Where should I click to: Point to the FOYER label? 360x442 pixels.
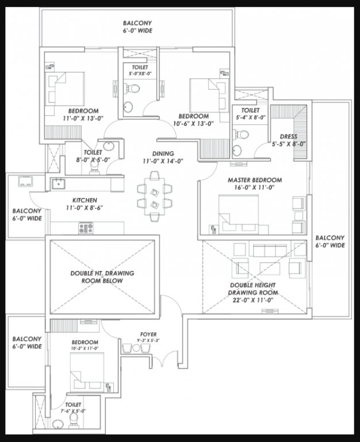tap(148, 334)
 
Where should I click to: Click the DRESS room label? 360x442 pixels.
tap(288, 136)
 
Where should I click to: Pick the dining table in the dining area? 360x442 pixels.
tap(154, 196)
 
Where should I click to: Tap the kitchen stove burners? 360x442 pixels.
tap(86, 228)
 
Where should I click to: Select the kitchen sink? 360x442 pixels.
tap(59, 184)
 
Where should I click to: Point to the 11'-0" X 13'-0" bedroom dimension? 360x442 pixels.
tap(83, 118)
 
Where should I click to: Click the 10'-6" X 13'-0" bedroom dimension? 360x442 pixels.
tap(193, 123)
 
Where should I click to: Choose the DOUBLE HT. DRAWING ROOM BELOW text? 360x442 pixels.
tap(102, 277)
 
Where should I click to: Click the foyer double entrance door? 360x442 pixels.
tap(162, 361)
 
